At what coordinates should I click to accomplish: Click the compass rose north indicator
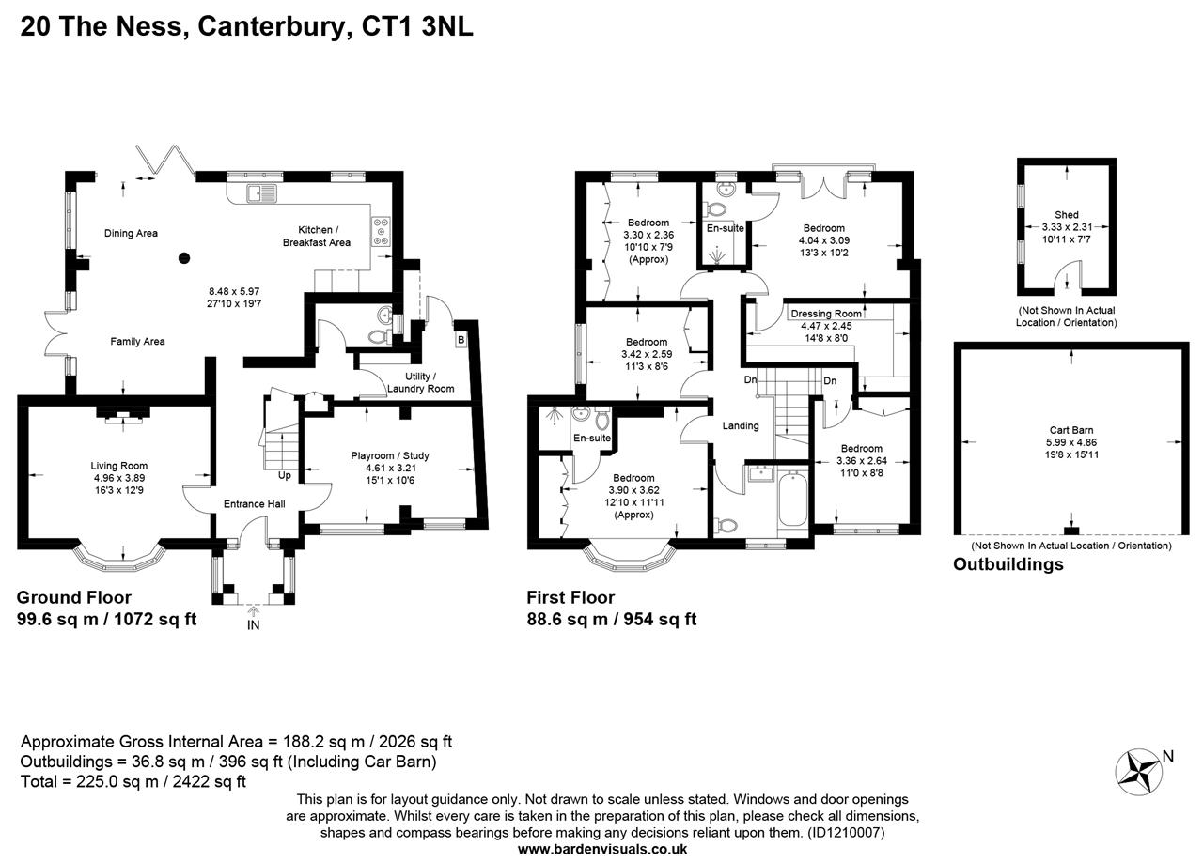pyautogui.click(x=1139, y=771)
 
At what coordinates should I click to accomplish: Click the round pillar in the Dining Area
pyautogui.click(x=184, y=257)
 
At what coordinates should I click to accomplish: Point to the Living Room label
pyautogui.click(x=119, y=466)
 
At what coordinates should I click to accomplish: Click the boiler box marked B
pyautogui.click(x=461, y=339)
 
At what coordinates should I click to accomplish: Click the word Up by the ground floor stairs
pyautogui.click(x=284, y=476)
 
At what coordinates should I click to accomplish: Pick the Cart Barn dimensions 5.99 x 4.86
pyautogui.click(x=1072, y=442)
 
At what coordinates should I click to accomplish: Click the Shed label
pyautogui.click(x=1067, y=215)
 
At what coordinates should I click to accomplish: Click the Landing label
pyautogui.click(x=741, y=425)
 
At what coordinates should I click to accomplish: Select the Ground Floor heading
pyautogui.click(x=74, y=597)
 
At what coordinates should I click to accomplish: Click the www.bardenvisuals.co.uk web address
pyautogui.click(x=602, y=849)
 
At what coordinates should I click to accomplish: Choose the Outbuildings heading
pyautogui.click(x=1008, y=564)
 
